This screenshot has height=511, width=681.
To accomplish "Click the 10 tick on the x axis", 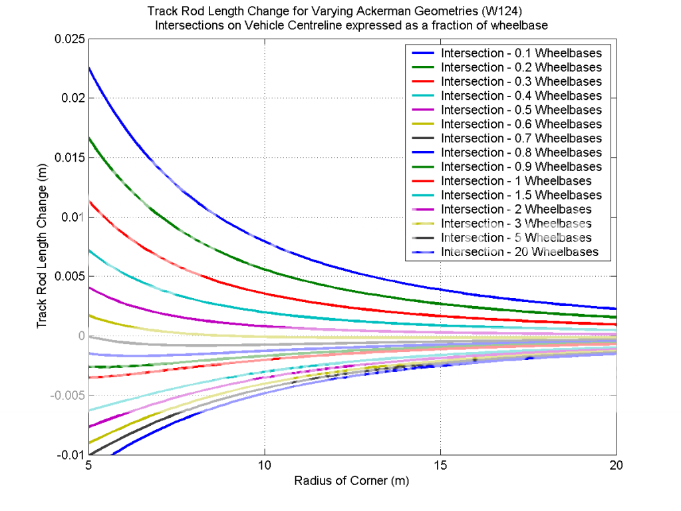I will click(x=265, y=466).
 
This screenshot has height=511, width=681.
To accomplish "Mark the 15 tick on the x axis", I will click(x=441, y=466).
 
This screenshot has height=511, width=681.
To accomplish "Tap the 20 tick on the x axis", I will click(x=616, y=466).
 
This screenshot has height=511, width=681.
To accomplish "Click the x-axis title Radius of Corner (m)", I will click(x=352, y=481).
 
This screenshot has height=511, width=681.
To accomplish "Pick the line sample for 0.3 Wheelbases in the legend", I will click(x=423, y=82).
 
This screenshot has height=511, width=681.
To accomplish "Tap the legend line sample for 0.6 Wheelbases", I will click(x=423, y=124).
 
